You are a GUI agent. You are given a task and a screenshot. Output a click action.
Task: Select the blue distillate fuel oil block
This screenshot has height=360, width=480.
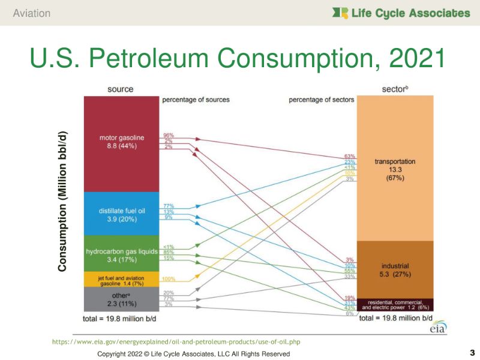[121, 214]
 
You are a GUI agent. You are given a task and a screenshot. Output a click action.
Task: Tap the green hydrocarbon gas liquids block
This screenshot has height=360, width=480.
[121, 254]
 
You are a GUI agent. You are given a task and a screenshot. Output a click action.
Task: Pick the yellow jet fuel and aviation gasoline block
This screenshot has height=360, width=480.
[121, 279]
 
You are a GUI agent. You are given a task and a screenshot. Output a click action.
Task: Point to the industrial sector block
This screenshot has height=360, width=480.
[394, 269]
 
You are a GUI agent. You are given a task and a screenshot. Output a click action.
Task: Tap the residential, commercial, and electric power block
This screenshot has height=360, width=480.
[394, 304]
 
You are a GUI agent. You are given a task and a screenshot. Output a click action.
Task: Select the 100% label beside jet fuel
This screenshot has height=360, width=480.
[168, 279]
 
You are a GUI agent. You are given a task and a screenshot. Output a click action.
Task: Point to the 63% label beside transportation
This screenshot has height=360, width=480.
[350, 156]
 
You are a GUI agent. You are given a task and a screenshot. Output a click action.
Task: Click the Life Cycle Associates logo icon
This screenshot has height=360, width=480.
[340, 13]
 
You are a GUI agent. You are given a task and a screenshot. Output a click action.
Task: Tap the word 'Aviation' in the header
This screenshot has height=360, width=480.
[31, 13]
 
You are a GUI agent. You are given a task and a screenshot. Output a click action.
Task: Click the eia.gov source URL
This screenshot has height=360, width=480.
[176, 341]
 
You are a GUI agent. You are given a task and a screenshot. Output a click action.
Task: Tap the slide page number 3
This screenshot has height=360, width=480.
[472, 352]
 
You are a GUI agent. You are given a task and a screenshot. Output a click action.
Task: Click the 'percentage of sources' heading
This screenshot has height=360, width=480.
[196, 99]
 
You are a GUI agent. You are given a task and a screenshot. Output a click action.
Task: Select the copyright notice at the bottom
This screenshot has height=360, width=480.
[193, 354]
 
